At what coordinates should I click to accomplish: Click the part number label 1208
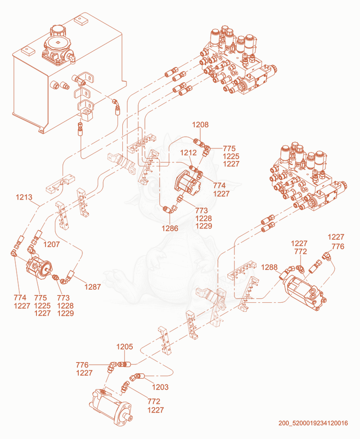click(x=200, y=125)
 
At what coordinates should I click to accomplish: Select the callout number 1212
click(x=188, y=152)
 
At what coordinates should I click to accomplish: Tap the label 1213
click(x=24, y=197)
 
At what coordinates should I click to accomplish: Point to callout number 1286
click(x=170, y=228)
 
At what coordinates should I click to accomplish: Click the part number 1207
click(x=52, y=244)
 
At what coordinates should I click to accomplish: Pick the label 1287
click(x=92, y=287)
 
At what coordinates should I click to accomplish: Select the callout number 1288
click(x=269, y=267)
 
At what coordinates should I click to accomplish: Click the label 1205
click(x=125, y=347)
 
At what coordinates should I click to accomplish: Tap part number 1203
click(x=160, y=387)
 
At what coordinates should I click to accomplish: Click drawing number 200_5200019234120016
click(x=313, y=423)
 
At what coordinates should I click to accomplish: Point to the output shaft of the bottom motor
click(x=129, y=417)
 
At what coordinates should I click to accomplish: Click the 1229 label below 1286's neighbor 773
click(x=204, y=226)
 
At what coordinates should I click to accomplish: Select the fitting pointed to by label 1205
click(x=124, y=364)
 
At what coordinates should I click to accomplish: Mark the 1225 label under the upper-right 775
click(x=231, y=156)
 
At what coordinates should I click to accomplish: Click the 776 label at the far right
click(x=338, y=246)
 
